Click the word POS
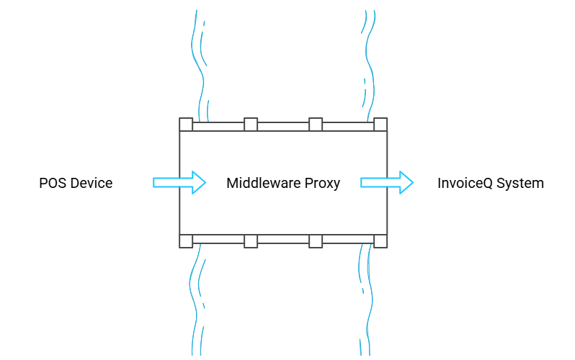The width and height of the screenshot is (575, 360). pyautogui.click(x=53, y=183)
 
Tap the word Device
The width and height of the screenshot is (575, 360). pyautogui.click(x=91, y=183)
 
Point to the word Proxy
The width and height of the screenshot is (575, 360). pyautogui.click(x=324, y=183)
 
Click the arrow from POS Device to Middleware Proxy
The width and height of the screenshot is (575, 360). pyautogui.click(x=179, y=182)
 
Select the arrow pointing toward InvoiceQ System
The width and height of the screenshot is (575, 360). pyautogui.click(x=387, y=182)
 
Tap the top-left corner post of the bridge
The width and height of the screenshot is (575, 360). pyautogui.click(x=186, y=125)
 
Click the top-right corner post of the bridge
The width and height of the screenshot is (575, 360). pyautogui.click(x=380, y=125)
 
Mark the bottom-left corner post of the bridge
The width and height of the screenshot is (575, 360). pyautogui.click(x=186, y=240)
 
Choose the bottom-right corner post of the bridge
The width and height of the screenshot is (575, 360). pyautogui.click(x=380, y=240)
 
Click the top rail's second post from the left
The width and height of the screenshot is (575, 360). pyautogui.click(x=251, y=125)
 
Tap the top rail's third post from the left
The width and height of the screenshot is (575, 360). pyautogui.click(x=316, y=125)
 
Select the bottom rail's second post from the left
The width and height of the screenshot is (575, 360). pyautogui.click(x=251, y=240)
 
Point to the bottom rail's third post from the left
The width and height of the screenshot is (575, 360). pyautogui.click(x=316, y=240)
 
